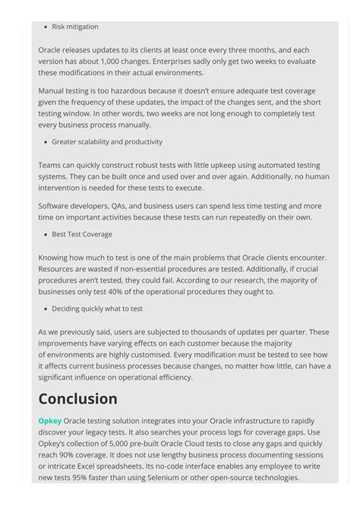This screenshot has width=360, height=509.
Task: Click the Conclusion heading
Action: coord(77,399)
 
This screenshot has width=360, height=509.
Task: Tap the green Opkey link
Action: coord(49,421)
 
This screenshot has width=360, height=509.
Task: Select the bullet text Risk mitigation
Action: coord(74,27)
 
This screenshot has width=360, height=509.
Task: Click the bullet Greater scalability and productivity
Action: coord(106,142)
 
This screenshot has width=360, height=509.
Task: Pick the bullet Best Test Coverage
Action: coord(81,235)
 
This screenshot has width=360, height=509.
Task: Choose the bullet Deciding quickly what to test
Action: coord(96,309)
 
